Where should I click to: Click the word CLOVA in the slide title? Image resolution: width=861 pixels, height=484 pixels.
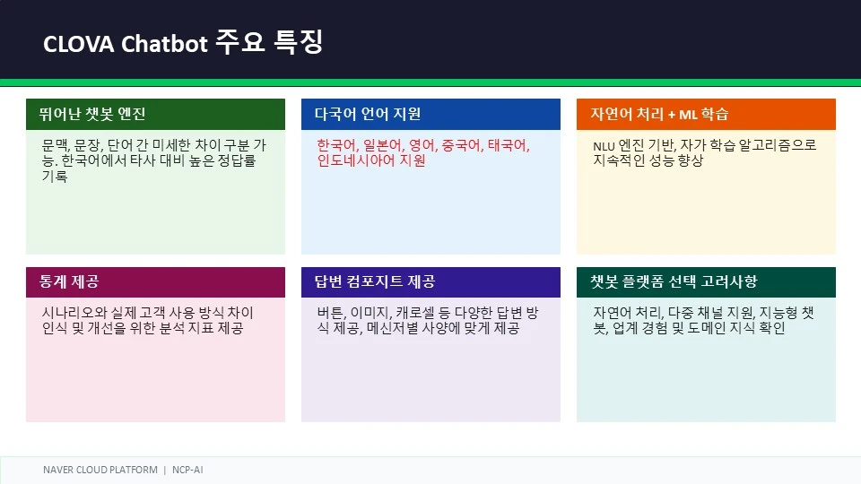79,44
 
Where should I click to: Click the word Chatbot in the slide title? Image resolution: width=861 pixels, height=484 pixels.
164,43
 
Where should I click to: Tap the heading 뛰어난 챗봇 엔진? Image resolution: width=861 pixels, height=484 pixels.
92,114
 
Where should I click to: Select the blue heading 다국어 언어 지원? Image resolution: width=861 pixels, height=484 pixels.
368,114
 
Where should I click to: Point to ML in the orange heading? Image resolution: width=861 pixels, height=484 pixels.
688,115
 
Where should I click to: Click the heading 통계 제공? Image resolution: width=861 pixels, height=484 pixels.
69,281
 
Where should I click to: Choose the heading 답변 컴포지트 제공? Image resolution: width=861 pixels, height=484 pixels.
375,281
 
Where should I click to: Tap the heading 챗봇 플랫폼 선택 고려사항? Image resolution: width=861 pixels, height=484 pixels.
674,281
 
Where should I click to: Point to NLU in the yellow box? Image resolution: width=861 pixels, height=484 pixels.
604,146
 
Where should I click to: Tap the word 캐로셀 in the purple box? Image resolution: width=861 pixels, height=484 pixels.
415,313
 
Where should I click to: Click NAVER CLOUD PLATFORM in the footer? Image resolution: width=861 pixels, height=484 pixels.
100,470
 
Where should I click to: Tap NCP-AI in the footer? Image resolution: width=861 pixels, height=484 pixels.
187,470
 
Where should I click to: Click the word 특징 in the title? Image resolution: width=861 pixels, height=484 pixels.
298,42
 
